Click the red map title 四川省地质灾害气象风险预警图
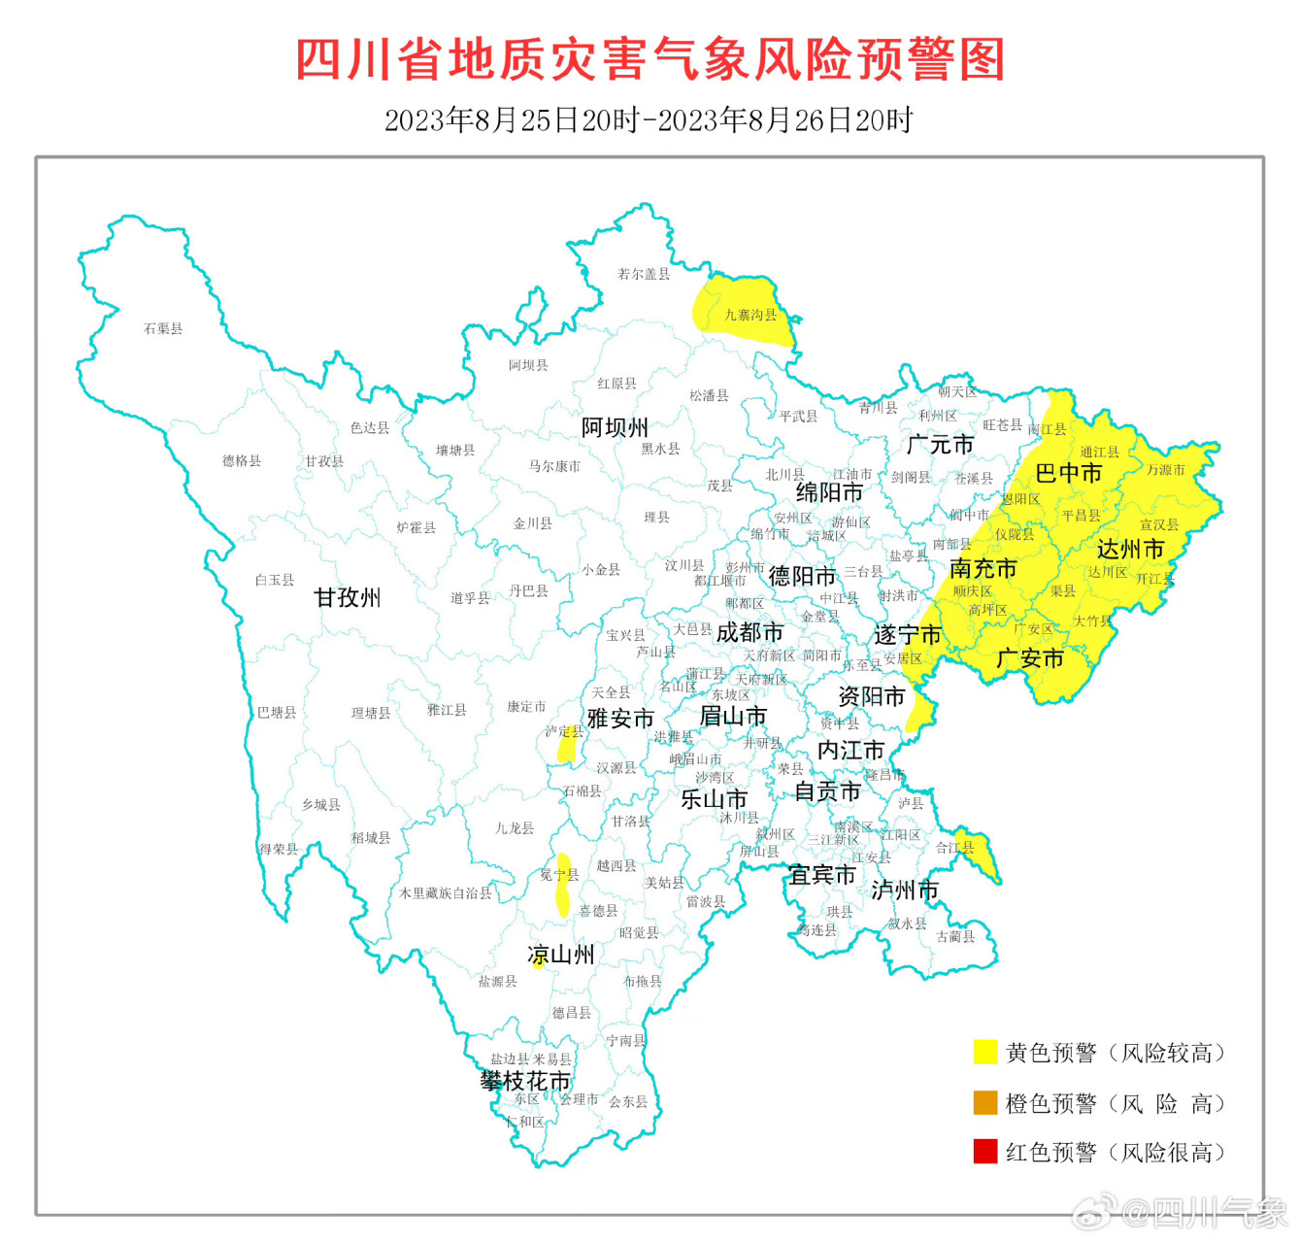point(649,60)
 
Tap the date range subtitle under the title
point(649,120)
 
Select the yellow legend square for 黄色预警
point(985,1053)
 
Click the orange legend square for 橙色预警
point(985,1103)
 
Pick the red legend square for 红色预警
point(985,1152)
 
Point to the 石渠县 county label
point(163,329)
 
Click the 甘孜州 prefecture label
point(347,598)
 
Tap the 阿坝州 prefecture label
point(615,428)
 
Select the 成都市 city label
point(749,633)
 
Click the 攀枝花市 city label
point(525,1081)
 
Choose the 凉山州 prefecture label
point(561,956)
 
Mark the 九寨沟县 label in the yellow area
point(750,316)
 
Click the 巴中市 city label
point(1068,474)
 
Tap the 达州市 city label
point(1130,550)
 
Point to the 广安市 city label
point(1030,659)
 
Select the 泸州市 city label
point(904,890)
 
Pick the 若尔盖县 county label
point(644,275)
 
